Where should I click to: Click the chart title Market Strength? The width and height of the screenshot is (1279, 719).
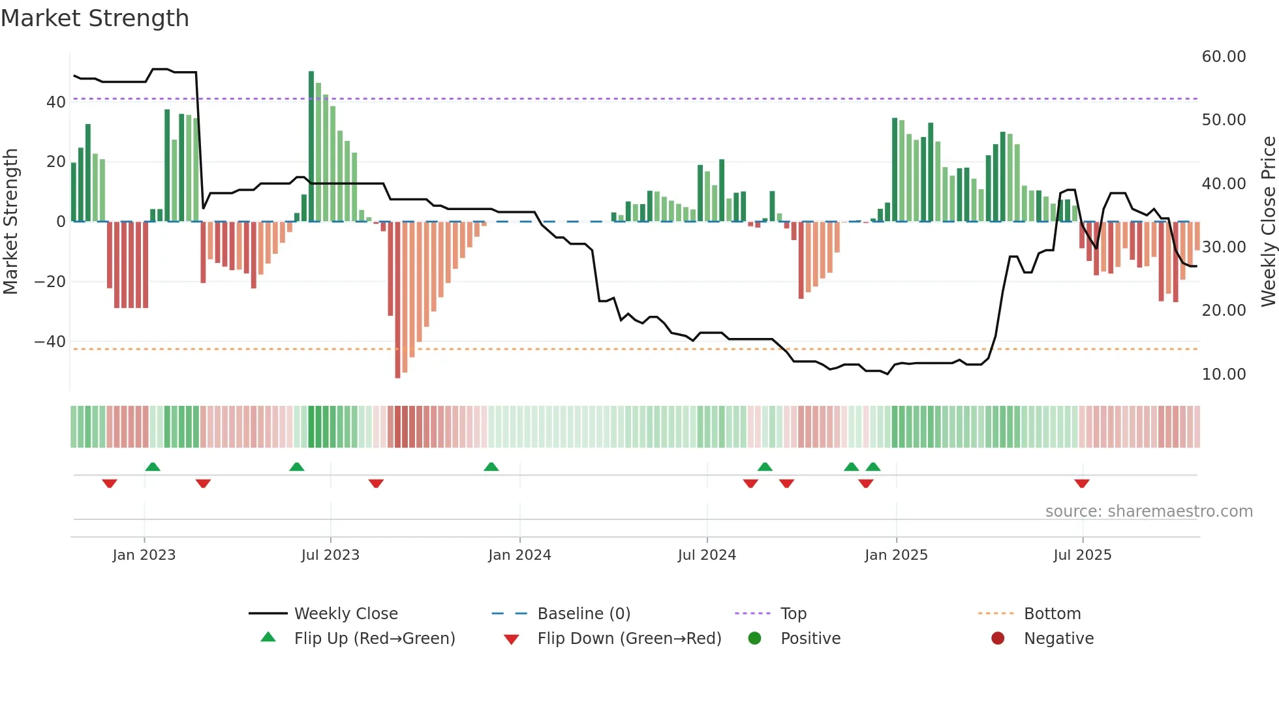95,18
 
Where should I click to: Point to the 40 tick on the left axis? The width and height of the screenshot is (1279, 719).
55,102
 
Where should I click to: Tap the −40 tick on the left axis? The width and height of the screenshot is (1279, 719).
50,341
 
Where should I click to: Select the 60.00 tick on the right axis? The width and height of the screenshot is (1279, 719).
1224,57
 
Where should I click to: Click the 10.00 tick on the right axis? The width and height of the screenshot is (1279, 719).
1224,374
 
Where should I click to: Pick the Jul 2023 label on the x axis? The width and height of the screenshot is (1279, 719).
330,555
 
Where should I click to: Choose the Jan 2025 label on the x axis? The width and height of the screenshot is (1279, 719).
896,555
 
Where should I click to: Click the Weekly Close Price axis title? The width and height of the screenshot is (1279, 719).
1268,221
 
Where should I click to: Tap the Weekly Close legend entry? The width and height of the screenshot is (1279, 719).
345,613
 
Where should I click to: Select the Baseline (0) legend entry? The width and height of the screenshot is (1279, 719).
583,613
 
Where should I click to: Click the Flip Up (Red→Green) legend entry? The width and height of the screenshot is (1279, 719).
374,638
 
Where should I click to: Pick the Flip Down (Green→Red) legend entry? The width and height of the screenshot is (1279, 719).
629,638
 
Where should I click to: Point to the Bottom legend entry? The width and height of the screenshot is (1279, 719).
1052,613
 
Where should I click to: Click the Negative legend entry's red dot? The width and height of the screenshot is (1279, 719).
998,638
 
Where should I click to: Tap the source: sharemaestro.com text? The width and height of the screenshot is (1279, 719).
1148,511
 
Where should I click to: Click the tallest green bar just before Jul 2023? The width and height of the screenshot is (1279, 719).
311,146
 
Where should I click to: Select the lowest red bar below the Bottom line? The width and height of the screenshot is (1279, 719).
397,300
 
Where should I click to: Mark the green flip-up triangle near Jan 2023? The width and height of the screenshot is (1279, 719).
153,467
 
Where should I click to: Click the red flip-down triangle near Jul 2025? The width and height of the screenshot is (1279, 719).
1082,483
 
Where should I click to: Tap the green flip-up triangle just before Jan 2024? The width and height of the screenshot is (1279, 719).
491,467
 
